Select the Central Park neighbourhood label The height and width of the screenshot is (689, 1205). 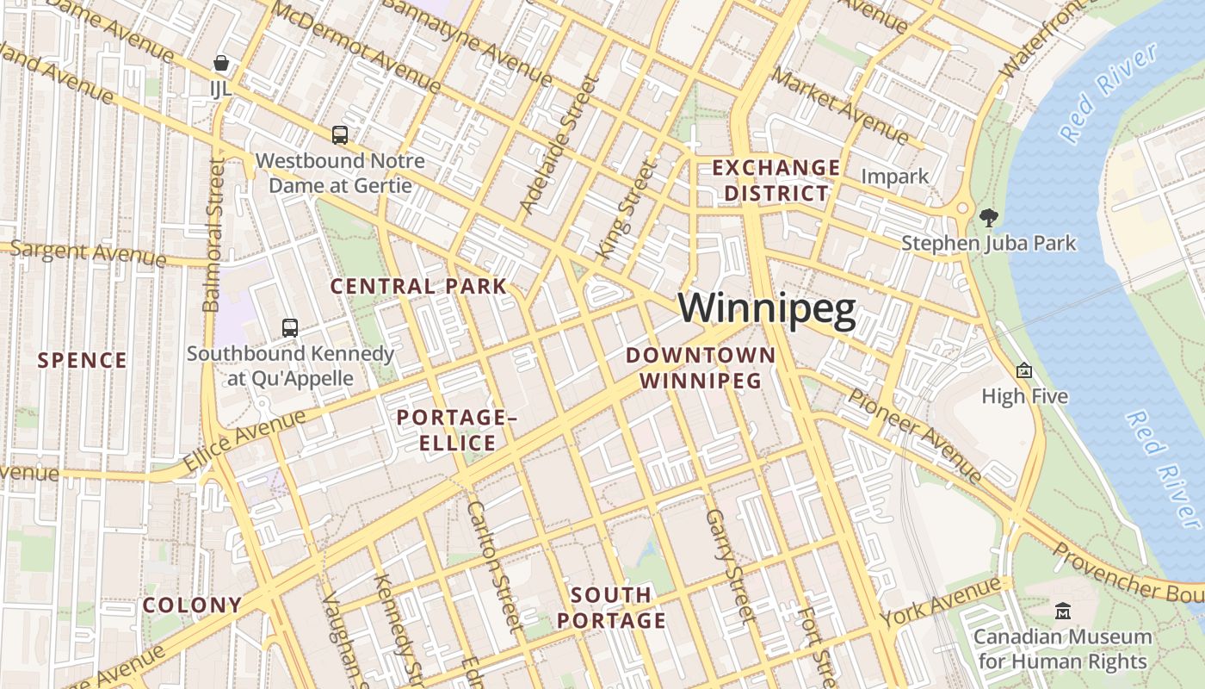[418, 286]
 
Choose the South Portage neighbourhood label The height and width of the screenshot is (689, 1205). [611, 607]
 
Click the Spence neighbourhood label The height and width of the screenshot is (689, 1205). [83, 360]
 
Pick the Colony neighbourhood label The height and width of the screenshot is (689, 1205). [192, 605]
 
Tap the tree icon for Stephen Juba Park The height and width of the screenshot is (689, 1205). [989, 216]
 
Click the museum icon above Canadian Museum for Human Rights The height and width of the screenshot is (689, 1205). [1063, 611]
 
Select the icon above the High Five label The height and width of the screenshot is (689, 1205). [1024, 370]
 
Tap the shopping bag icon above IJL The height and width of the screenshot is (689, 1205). [221, 63]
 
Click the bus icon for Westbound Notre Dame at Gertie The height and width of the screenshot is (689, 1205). [340, 134]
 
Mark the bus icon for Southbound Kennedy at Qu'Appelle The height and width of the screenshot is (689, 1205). [290, 327]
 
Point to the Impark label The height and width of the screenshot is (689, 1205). [895, 177]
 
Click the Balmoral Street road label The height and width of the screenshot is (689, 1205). [213, 234]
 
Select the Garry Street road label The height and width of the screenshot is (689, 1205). [729, 564]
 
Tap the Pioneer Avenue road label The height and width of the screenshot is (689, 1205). [914, 435]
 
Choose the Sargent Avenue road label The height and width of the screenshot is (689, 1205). [86, 253]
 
